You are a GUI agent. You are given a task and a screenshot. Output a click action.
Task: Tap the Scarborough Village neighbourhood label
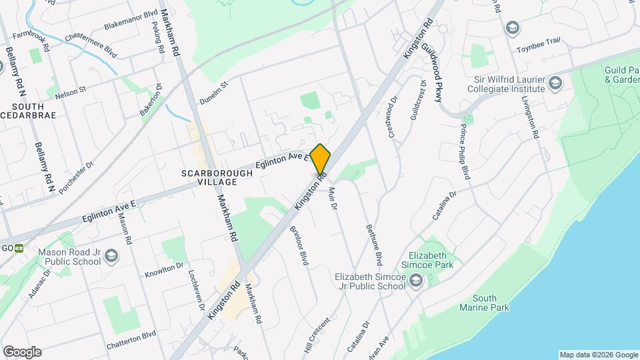tap(218, 177)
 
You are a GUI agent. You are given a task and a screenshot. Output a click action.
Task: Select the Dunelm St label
tap(213, 93)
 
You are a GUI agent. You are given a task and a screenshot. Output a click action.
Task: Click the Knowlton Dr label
tap(164, 270)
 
